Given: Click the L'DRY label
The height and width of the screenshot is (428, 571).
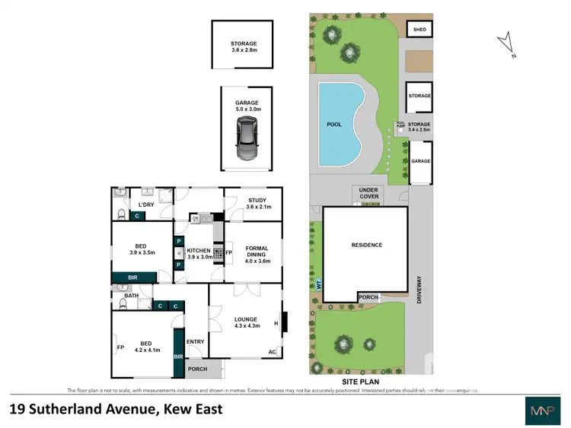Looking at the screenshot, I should [x=146, y=205].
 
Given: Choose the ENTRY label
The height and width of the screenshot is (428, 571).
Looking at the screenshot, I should [x=195, y=341].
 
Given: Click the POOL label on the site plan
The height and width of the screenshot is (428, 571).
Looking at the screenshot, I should [x=334, y=124].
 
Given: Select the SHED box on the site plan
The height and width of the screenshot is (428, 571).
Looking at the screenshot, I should [x=419, y=29].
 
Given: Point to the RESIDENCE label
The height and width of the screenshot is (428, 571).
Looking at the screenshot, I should [x=366, y=245].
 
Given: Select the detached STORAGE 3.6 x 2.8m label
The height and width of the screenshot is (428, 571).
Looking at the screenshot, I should [x=244, y=48].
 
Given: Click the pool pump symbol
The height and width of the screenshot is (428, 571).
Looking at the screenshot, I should [x=400, y=130].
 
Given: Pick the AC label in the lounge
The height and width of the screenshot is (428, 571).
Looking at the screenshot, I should [x=272, y=351].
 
